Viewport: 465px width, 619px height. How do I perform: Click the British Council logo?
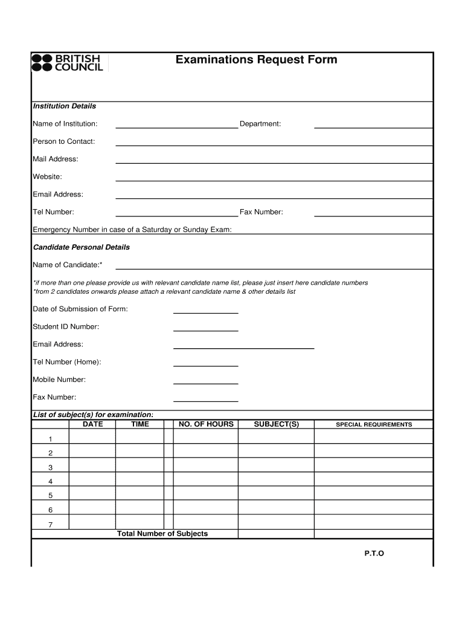click(68, 63)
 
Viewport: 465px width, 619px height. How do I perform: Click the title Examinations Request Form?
click(256, 60)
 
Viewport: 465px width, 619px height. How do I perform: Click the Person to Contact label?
click(63, 141)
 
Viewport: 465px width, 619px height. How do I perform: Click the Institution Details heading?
click(64, 106)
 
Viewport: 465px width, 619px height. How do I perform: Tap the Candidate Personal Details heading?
click(81, 247)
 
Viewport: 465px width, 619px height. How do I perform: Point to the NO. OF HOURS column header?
click(206, 424)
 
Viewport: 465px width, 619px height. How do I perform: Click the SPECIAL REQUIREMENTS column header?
click(374, 424)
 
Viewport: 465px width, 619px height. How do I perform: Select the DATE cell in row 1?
click(92, 438)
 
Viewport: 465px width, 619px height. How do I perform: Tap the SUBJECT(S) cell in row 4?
click(276, 481)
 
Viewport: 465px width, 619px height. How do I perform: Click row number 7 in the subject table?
click(50, 524)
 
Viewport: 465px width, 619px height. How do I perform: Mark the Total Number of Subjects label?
click(162, 534)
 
